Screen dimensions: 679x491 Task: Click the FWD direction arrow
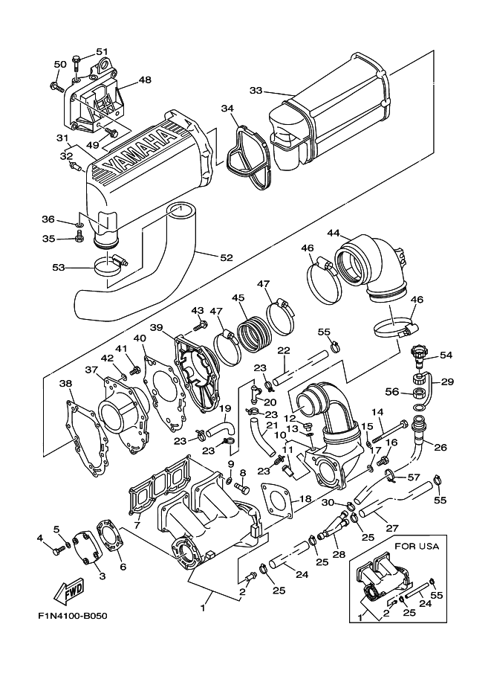tap(69, 592)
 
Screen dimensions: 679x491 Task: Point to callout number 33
tap(256, 91)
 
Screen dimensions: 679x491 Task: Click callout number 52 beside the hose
tap(226, 257)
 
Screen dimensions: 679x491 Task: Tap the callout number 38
tap(65, 384)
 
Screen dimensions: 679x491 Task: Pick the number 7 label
tap(136, 525)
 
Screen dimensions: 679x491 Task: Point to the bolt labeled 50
tap(58, 87)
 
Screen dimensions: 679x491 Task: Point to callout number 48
tap(144, 80)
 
